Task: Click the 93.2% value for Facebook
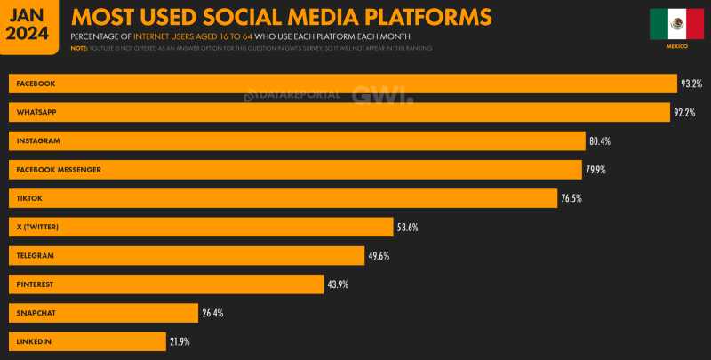click(x=691, y=84)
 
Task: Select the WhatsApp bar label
click(x=36, y=112)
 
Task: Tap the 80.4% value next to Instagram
click(x=599, y=141)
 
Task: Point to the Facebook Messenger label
click(x=59, y=170)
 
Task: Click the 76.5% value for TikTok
click(x=571, y=198)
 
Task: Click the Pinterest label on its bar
click(x=36, y=284)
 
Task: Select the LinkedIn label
click(x=34, y=341)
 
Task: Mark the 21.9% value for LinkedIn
click(x=180, y=341)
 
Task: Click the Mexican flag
click(x=677, y=24)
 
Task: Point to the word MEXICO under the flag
click(x=677, y=46)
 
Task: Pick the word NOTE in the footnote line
click(x=78, y=48)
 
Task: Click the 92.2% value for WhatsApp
click(x=683, y=113)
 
